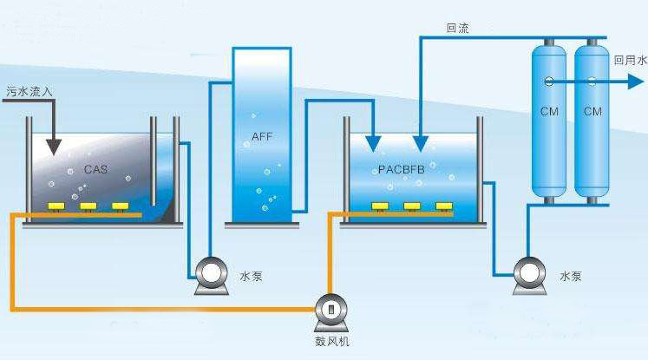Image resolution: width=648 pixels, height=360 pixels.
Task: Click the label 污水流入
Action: coord(29,89)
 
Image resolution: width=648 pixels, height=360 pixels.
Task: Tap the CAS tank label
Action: coord(95,169)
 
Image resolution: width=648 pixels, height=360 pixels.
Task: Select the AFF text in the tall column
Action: coord(262,136)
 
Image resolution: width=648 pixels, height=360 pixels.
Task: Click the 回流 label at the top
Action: coord(457,28)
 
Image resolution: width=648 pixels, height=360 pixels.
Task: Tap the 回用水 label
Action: coord(630,61)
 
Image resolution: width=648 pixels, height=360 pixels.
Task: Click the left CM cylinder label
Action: coord(548,112)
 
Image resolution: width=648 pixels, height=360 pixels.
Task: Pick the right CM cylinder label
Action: coord(592,112)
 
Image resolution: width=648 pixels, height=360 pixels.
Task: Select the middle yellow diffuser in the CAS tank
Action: coord(88,206)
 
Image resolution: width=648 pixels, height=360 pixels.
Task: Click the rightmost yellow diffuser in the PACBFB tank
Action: coord(444,206)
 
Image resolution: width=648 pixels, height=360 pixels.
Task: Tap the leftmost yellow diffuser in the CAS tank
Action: coord(56,206)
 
